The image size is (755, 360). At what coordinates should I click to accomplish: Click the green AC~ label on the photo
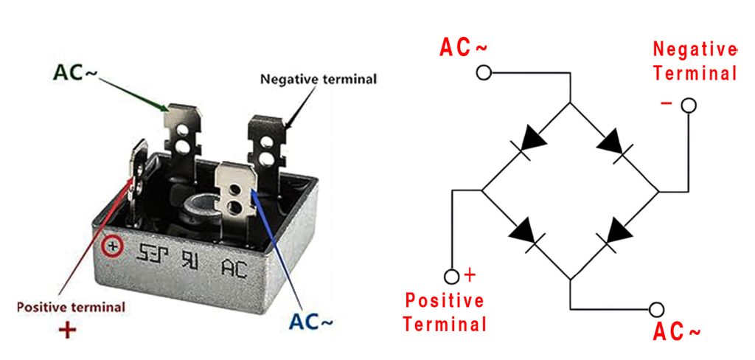coord(74,74)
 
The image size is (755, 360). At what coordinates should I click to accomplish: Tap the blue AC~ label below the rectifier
coord(311,322)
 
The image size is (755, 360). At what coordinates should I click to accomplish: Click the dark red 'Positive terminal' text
coord(71,306)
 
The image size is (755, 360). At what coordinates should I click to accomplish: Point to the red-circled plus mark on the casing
coord(113,246)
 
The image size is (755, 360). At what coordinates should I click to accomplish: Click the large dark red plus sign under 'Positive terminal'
coord(67,329)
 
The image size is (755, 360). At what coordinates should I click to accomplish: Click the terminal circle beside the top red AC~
coord(484,73)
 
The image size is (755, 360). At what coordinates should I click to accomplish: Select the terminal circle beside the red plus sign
coord(452,277)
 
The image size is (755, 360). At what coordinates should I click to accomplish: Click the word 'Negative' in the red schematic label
coord(695,50)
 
